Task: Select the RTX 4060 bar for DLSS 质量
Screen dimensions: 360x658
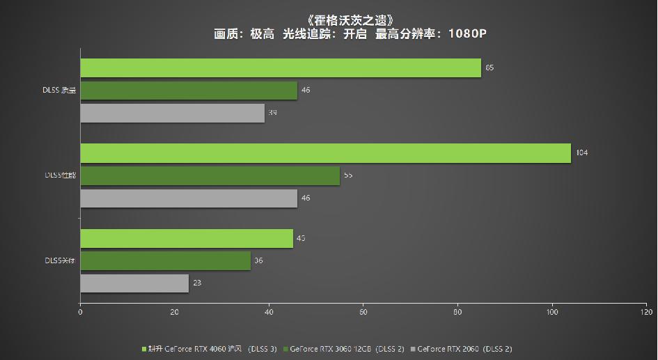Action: tap(281, 68)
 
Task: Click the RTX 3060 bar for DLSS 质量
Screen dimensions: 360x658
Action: tap(189, 91)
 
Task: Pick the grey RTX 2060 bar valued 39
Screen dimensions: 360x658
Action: tap(172, 113)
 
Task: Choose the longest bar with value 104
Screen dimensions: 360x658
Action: tap(325, 152)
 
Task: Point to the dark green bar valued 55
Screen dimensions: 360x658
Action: tap(210, 175)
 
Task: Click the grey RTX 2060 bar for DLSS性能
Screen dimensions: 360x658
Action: tap(189, 198)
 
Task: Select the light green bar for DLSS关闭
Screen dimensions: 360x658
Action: tap(187, 238)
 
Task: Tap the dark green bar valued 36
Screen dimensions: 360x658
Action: tap(165, 260)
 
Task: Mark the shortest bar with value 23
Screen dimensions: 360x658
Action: tap(134, 283)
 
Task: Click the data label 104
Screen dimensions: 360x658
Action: tap(582, 152)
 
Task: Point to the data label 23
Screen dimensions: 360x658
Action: tap(198, 283)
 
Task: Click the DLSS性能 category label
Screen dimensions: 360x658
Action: tap(58, 175)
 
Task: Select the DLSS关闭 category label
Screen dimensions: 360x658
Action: tap(58, 260)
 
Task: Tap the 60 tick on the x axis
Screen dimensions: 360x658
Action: tap(363, 313)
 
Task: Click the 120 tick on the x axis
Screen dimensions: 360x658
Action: tap(645, 313)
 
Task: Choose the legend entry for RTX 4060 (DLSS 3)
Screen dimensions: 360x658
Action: tap(210, 348)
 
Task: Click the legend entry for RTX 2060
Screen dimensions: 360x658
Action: tap(463, 348)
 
